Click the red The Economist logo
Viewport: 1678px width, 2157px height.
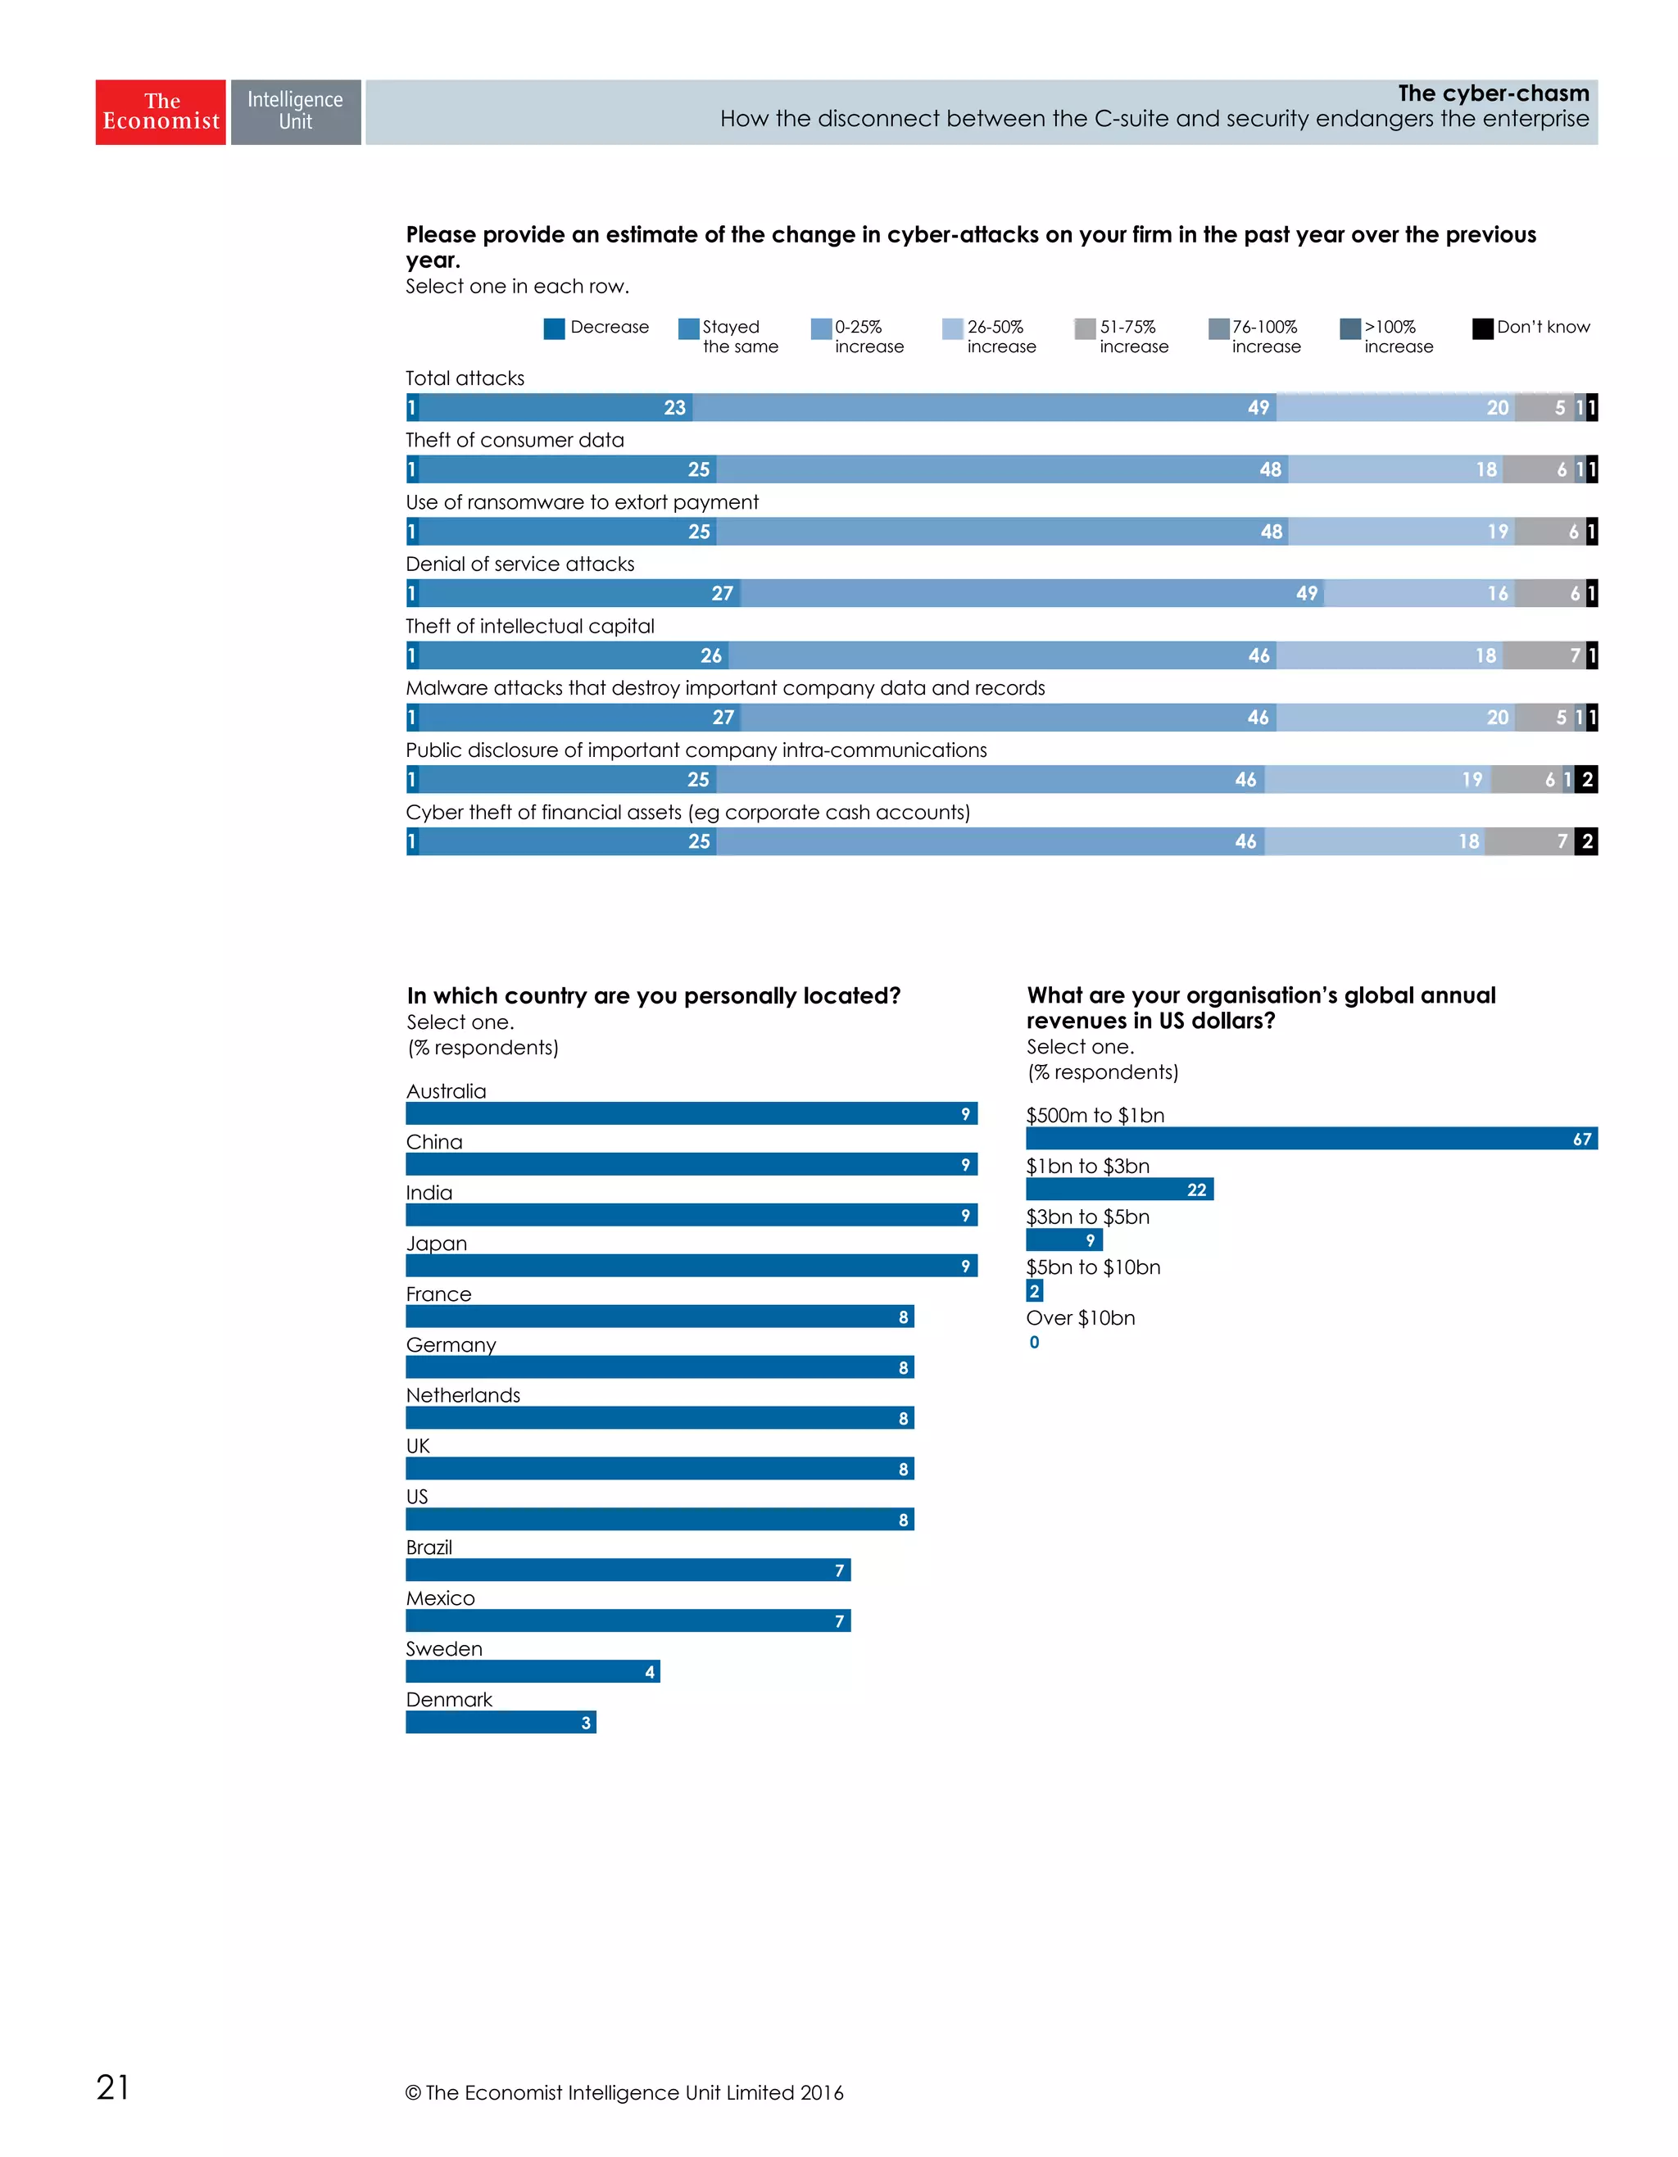[160, 111]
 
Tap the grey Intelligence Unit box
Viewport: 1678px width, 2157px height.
[295, 111]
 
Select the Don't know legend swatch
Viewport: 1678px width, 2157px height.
[1481, 329]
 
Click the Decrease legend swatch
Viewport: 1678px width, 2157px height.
[554, 329]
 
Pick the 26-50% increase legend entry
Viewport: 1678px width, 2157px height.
[990, 336]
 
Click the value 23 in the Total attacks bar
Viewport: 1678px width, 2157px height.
[674, 408]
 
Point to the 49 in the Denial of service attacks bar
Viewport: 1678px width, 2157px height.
[1307, 594]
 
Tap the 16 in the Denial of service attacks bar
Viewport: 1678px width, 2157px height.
[1497, 594]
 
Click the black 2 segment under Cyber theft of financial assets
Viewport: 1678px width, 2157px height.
[1586, 841]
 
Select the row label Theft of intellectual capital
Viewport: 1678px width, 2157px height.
[529, 626]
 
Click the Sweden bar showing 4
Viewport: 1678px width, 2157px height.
[533, 1672]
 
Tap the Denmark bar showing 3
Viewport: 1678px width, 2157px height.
[501, 1723]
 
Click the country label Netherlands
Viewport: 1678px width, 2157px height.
[462, 1395]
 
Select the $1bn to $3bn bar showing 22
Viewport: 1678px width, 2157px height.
[1119, 1190]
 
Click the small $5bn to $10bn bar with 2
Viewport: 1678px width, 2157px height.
[1034, 1291]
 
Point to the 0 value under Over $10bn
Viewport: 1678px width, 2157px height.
[1034, 1342]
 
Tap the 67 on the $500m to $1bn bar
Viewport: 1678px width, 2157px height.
[1581, 1140]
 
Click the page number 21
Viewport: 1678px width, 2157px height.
[112, 2087]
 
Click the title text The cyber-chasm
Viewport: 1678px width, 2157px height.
[1492, 94]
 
